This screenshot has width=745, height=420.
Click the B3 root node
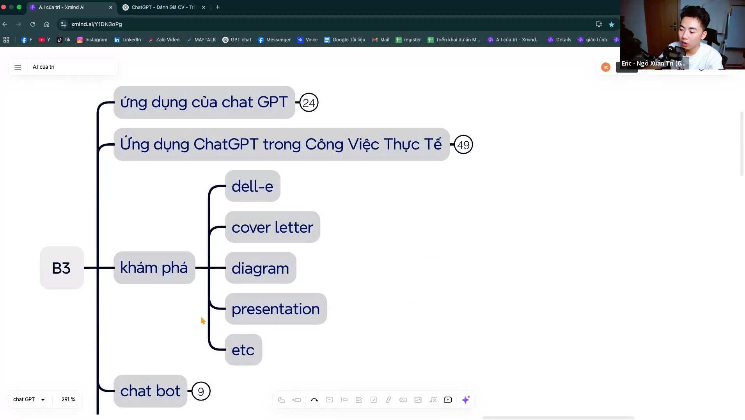click(x=62, y=268)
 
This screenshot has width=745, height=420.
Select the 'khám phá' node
click(x=154, y=268)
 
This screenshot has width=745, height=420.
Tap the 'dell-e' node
click(x=252, y=186)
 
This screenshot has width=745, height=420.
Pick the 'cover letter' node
click(x=272, y=227)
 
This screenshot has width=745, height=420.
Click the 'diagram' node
click(x=260, y=268)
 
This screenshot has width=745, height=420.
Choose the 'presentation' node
click(x=275, y=309)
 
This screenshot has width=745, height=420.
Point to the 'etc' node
click(x=243, y=350)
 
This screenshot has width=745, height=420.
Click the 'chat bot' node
click(x=150, y=391)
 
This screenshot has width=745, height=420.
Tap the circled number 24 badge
click(x=309, y=103)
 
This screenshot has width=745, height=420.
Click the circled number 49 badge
click(x=463, y=145)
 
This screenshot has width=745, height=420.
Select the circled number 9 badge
click(x=201, y=392)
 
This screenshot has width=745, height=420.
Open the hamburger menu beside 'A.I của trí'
click(x=18, y=67)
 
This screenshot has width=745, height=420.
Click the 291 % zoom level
click(x=68, y=400)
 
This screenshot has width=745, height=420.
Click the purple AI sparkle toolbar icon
click(x=466, y=400)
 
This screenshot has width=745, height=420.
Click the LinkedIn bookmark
click(x=128, y=40)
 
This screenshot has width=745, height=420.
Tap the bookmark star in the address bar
click(x=612, y=24)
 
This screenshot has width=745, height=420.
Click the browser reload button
click(x=33, y=24)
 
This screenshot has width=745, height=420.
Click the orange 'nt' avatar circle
click(x=605, y=67)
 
